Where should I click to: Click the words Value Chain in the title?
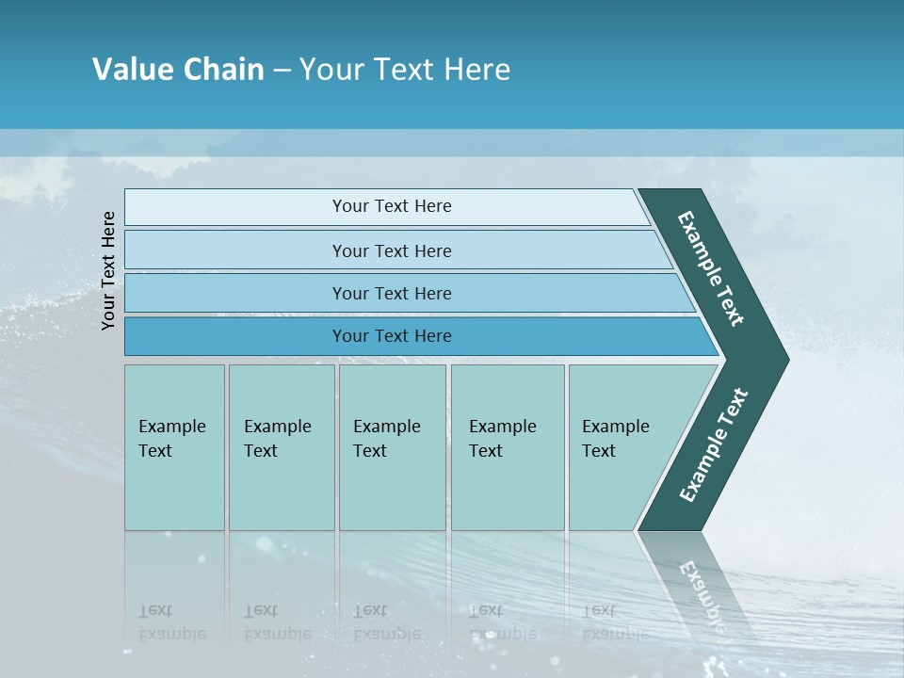point(178,70)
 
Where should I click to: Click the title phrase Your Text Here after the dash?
point(405,70)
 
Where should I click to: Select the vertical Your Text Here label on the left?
point(109,270)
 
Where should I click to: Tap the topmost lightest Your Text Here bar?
point(391,206)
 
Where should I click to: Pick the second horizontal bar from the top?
point(391,250)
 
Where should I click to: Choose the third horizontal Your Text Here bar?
point(391,293)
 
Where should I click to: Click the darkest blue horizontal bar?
point(391,336)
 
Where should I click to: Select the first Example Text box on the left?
point(174,447)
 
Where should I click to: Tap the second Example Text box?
point(281,447)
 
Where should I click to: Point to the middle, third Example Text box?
point(392,447)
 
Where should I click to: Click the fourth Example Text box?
point(507,447)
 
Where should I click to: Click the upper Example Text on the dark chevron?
point(711,268)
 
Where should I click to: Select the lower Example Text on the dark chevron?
point(713,445)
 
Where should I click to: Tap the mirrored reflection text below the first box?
point(171,622)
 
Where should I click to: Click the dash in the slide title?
point(282,71)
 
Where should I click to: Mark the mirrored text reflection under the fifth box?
point(615,622)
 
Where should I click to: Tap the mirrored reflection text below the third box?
point(386,622)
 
